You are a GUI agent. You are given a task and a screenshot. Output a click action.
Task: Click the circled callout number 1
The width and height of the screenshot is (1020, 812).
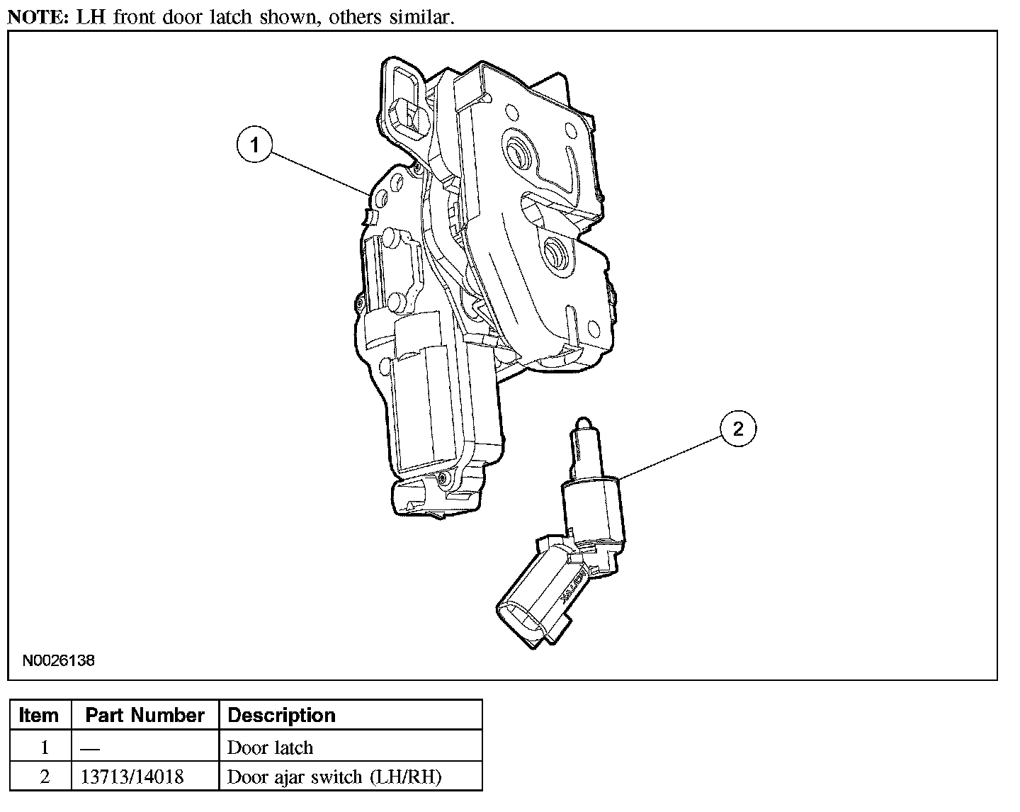coord(254,145)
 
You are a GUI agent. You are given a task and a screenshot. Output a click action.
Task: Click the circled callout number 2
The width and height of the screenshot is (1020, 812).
coord(738,429)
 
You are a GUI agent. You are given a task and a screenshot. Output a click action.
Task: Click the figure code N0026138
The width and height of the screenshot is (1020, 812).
coord(59,660)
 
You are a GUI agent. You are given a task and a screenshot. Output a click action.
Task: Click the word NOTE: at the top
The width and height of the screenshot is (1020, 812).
coord(38,17)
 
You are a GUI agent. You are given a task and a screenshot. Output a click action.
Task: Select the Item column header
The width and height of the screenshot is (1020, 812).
coord(38,715)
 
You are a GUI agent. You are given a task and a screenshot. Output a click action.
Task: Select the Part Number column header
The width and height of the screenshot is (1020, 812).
coord(144,715)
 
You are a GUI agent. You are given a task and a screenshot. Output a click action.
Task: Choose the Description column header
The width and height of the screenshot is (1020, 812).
coord(281,715)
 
